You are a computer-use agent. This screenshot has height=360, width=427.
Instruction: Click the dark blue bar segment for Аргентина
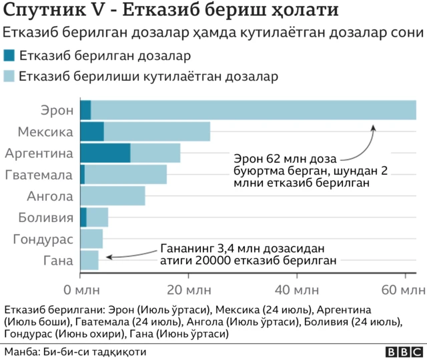(105, 153)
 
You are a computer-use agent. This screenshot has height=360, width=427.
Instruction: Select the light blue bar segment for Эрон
(254, 110)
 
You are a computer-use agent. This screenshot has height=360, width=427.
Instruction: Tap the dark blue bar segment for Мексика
(92, 131)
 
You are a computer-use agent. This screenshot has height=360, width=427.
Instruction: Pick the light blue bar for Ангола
(112, 196)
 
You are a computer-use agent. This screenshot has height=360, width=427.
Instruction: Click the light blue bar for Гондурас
(91, 239)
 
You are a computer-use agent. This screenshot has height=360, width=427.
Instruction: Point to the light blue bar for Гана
(89, 260)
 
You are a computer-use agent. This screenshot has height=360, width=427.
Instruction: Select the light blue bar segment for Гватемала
(125, 175)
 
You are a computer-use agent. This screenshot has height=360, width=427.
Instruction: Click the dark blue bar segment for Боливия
(83, 217)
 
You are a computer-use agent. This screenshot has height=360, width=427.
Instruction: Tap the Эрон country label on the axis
(56, 110)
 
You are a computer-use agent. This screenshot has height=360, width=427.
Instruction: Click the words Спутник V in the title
(55, 12)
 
